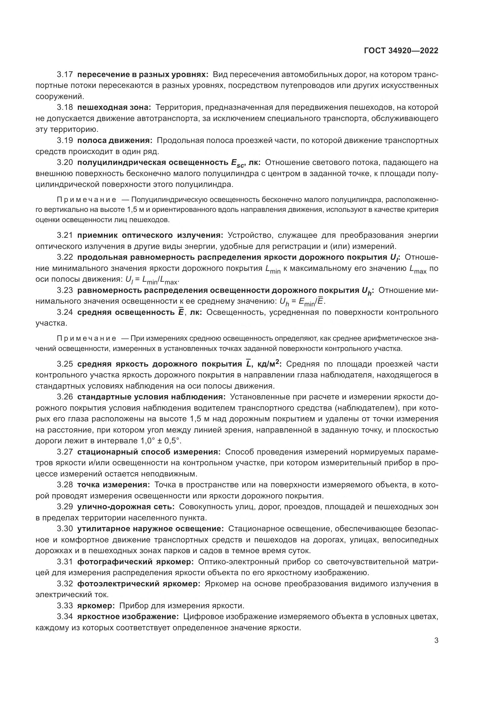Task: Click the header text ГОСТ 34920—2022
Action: click(401, 51)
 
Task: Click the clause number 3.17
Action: click(65, 75)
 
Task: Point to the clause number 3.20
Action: click(65, 163)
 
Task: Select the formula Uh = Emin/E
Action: click(302, 302)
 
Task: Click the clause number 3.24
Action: click(65, 312)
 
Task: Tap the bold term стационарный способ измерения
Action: click(149, 452)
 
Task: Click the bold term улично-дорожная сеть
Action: click(126, 507)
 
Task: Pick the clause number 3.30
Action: click(65, 529)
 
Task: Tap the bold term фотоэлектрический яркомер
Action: click(139, 584)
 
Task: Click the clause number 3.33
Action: click(65, 606)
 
